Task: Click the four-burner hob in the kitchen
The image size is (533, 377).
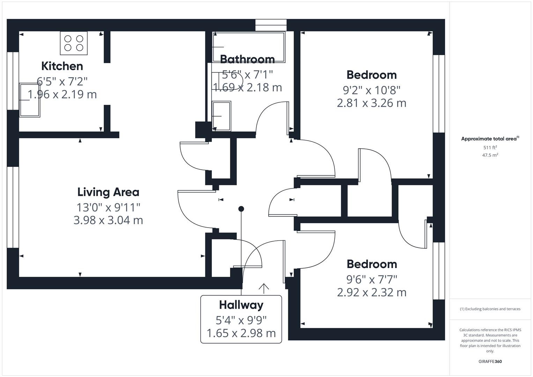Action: [74, 43]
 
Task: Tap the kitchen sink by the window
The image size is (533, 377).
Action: [30, 100]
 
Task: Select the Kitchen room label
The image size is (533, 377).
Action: [62, 66]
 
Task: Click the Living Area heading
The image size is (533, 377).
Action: [108, 192]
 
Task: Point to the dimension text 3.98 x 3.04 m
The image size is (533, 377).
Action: [108, 220]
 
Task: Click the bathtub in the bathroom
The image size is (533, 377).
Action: [249, 47]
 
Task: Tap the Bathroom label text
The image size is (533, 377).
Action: [247, 59]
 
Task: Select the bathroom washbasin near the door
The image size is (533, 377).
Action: [222, 116]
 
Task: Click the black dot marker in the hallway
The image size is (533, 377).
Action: [241, 209]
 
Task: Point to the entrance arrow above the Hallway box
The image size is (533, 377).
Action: [264, 288]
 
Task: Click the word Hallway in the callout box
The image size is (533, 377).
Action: [241, 305]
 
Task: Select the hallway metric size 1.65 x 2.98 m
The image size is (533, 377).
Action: [241, 333]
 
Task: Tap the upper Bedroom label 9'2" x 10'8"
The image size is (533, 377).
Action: [371, 90]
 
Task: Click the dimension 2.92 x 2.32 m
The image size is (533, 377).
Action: [371, 292]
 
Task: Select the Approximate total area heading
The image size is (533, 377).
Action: [489, 139]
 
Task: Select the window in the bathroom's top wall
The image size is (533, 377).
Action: [271, 25]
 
